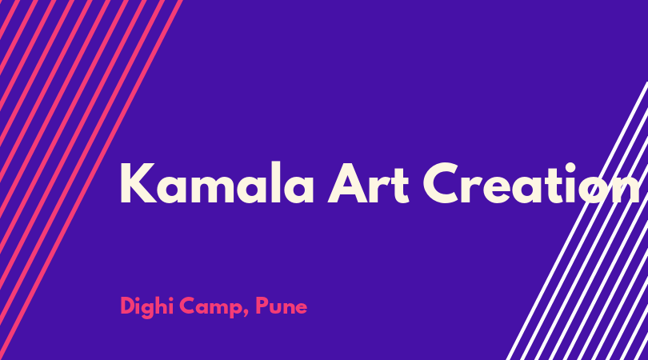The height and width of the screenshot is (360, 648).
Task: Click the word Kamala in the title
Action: coord(217,182)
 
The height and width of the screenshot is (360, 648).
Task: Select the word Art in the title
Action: coord(368,183)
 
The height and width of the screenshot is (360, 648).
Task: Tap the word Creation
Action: coord(531,183)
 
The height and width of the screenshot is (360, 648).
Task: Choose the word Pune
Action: coord(281,306)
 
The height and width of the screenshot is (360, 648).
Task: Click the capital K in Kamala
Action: coord(138,183)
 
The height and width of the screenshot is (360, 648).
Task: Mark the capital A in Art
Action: coord(348,183)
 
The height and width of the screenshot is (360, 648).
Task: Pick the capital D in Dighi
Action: coord(128,306)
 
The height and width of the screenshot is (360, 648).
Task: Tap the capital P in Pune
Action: coord(262,306)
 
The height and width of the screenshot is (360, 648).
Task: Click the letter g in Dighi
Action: coord(152,310)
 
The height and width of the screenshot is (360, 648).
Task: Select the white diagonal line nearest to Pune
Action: coord(577,221)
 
